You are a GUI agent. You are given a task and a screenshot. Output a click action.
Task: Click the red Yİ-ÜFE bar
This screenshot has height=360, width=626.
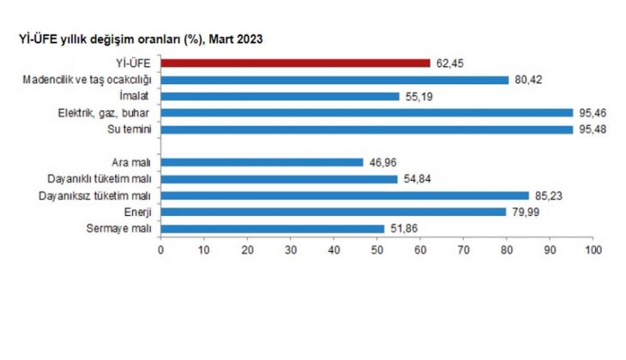[295, 63]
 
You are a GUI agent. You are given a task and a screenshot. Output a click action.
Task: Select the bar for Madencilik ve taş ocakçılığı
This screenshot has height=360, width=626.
[334, 80]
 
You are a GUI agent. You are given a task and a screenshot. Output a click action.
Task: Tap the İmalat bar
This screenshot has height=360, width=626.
[280, 96]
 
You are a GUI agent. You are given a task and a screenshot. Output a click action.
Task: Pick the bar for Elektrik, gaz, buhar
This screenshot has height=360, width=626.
[366, 112]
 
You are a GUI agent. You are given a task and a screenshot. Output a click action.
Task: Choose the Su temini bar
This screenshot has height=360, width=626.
[366, 129]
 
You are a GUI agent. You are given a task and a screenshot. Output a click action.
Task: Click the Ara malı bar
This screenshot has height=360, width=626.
[262, 162]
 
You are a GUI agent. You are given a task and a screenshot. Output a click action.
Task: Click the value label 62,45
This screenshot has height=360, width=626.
[448, 63]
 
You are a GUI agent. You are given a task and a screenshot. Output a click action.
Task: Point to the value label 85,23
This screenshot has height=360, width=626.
[547, 195]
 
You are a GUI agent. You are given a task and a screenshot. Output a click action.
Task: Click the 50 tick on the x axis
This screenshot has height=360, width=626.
[376, 249]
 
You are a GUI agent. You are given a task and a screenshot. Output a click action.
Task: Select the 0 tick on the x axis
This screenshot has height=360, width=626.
[160, 249]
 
